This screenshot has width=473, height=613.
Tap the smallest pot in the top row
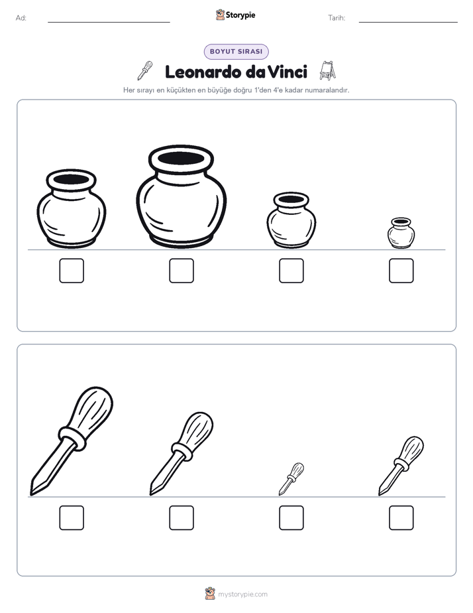[401, 233]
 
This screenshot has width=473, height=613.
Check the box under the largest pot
[182, 271]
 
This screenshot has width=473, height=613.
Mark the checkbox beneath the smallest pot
[401, 271]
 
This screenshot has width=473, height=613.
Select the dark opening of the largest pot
[181, 159]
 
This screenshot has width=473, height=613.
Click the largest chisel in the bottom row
[72, 441]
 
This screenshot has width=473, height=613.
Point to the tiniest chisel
[291, 479]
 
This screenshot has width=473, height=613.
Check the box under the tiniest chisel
[291, 518]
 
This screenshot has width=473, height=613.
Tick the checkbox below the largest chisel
[72, 518]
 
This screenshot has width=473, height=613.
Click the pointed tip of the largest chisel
[31, 495]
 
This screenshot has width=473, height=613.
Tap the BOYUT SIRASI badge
[236, 52]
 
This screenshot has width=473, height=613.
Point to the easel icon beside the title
[327, 70]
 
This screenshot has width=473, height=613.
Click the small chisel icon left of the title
[145, 70]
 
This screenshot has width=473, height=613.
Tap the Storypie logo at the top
[235, 15]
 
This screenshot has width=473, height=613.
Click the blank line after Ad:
[109, 22]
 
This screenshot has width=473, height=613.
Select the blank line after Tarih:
[408, 22]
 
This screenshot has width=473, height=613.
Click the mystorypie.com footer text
[242, 594]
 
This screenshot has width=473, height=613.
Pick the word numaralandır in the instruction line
[327, 90]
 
